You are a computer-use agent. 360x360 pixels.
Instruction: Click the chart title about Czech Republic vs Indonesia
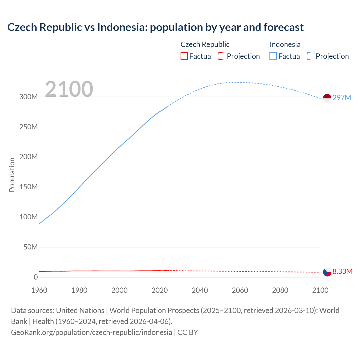[155, 27]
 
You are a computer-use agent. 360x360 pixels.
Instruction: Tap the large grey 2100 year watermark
[69, 89]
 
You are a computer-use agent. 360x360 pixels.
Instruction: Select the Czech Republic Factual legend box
[184, 56]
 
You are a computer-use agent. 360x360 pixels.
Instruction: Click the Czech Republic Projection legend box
[222, 56]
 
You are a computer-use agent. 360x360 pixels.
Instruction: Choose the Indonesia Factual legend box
[273, 56]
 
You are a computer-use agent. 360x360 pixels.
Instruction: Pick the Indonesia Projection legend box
[310, 56]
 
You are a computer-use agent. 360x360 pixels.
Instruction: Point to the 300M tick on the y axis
[28, 97]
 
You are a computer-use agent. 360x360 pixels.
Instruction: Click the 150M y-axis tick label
[28, 187]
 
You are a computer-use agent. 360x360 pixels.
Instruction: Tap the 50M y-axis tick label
[30, 247]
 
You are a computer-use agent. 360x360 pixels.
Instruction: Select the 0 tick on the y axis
[36, 277]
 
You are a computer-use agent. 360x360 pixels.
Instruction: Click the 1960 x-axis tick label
[39, 290]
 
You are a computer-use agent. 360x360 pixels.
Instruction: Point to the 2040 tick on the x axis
[200, 290]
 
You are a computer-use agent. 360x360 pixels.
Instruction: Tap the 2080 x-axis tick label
[280, 290]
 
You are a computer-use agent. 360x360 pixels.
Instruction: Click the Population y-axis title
[12, 175]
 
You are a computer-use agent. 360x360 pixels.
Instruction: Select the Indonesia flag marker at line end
[327, 98]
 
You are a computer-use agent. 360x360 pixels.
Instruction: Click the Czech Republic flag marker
[327, 272]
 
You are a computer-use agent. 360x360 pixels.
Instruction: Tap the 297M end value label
[342, 98]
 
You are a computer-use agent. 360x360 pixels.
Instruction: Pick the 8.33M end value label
[342, 271]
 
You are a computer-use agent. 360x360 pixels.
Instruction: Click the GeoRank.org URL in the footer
[91, 332]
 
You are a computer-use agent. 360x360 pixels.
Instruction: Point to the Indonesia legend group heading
[285, 44]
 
